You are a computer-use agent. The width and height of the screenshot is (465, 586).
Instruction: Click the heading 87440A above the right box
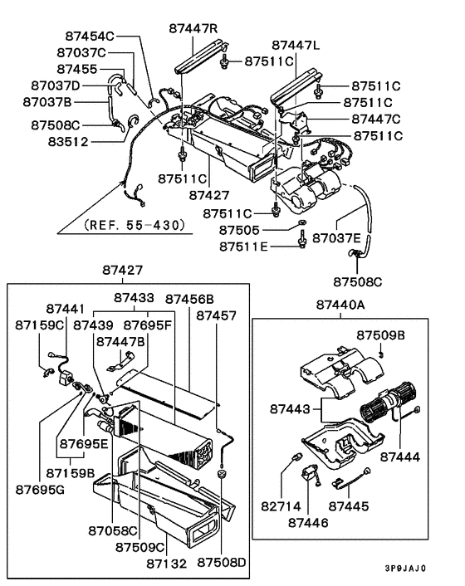pos(340,305)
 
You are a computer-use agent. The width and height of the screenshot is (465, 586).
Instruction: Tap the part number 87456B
pos(188,298)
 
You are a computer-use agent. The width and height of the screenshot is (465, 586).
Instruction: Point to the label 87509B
pos(380,335)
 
